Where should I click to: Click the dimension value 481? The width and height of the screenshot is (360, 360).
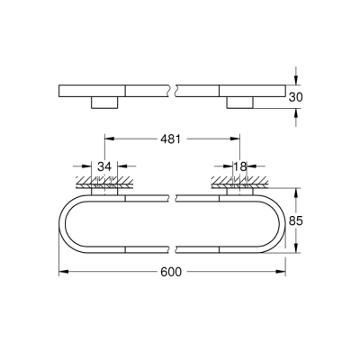point(173,139)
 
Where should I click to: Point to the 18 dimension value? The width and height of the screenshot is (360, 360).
point(240,166)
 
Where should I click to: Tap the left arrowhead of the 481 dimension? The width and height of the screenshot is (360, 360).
point(110,139)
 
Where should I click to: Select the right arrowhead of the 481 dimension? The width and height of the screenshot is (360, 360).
point(238,139)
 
